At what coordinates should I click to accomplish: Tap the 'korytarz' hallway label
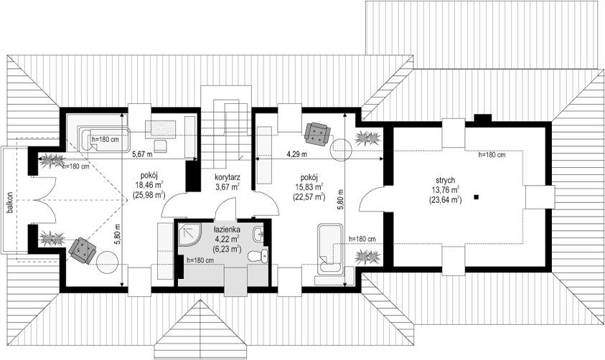pyautogui.click(x=228, y=177)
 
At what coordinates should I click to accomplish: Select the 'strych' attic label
pyautogui.click(x=445, y=181)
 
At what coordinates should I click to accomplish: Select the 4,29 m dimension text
pyautogui.click(x=296, y=155)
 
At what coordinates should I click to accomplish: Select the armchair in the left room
pyautogui.click(x=82, y=250)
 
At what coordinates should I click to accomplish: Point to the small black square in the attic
pyautogui.click(x=477, y=197)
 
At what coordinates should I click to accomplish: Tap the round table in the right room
pyautogui.click(x=342, y=150)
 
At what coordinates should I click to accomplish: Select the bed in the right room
pyautogui.click(x=329, y=249)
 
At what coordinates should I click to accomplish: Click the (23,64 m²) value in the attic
pyautogui.click(x=445, y=199)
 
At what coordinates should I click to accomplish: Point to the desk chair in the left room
pyautogui.click(x=161, y=146)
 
